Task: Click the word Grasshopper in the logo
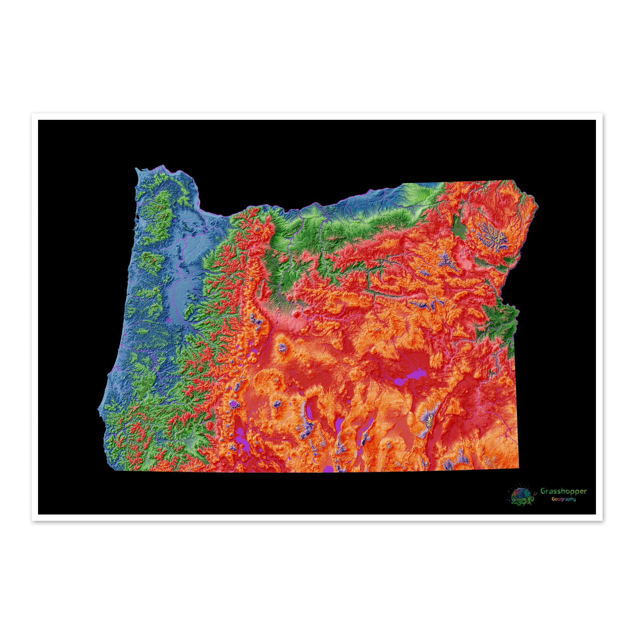tap(563, 501)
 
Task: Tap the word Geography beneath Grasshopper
tap(563, 508)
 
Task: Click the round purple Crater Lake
tap(233, 404)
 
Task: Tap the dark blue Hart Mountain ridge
tap(364, 440)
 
